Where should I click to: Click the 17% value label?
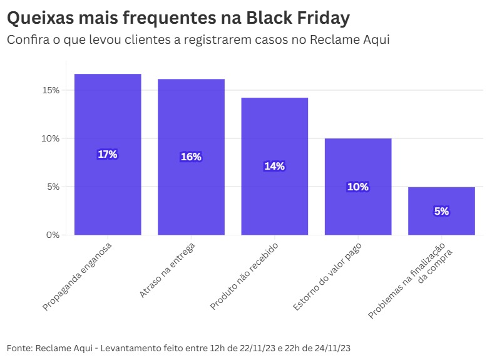[108, 155]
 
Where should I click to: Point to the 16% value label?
[191, 157]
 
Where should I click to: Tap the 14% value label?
[274, 167]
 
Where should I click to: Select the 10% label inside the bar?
[357, 187]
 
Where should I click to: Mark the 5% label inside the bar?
[441, 212]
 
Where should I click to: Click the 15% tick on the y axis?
[51, 90]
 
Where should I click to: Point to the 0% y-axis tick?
[53, 235]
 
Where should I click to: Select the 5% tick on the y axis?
[53, 187]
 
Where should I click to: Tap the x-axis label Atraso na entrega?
[168, 269]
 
